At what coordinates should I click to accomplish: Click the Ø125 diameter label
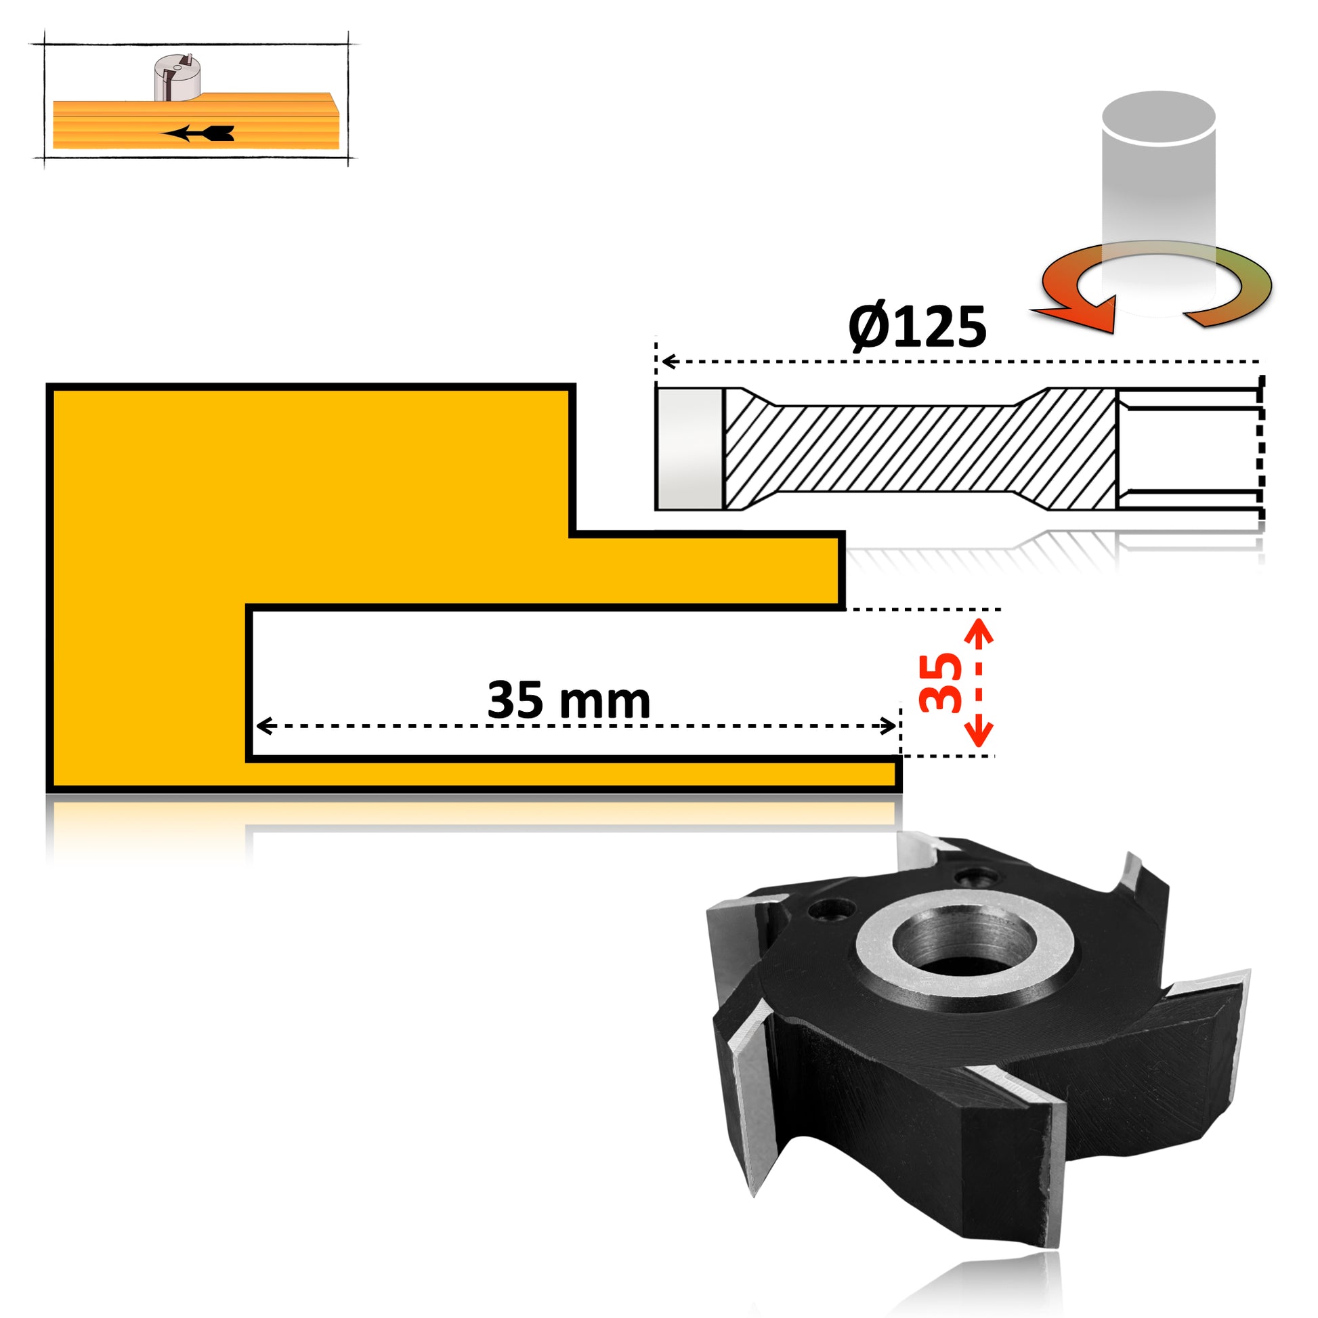pyautogui.click(x=917, y=326)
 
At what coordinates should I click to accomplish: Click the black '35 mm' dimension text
pyautogui.click(x=569, y=700)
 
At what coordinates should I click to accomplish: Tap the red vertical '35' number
pyautogui.click(x=940, y=683)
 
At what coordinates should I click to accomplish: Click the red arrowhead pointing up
pyautogui.click(x=980, y=631)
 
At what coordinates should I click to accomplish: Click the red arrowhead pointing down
pyautogui.click(x=980, y=734)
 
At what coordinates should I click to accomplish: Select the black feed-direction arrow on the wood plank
pyautogui.click(x=198, y=133)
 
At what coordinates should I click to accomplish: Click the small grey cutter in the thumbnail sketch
pyautogui.click(x=175, y=77)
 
